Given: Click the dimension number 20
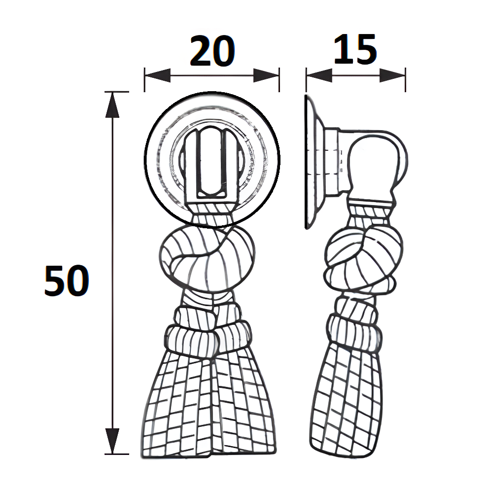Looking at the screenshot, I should [x=212, y=52].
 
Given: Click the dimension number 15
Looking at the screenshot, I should [x=355, y=50].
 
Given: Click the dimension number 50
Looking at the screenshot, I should [x=67, y=281].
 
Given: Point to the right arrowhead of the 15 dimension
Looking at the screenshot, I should [x=393, y=75].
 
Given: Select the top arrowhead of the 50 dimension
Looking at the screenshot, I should [x=113, y=104].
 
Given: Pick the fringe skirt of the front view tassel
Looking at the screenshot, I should [x=209, y=409].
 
